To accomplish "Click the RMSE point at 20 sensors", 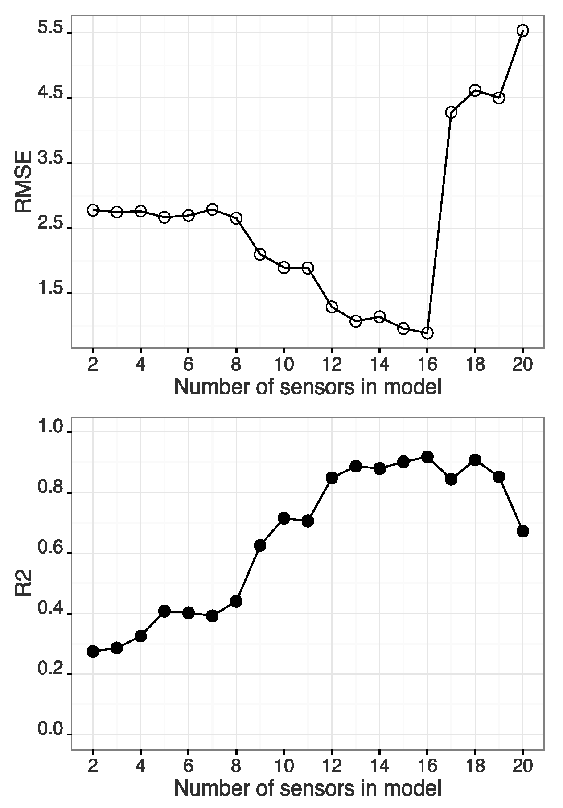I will click(x=522, y=30).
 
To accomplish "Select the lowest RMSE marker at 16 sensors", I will click(x=427, y=333).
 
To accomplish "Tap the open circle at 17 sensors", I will click(x=451, y=112).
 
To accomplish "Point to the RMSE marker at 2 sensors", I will click(x=93, y=210).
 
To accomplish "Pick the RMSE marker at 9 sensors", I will click(x=260, y=254).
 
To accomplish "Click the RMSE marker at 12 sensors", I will click(x=332, y=307).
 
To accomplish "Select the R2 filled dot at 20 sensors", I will click(x=522, y=531).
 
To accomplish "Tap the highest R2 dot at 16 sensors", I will click(x=427, y=457).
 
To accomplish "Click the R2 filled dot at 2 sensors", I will click(x=93, y=652).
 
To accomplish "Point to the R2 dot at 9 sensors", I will click(x=260, y=546).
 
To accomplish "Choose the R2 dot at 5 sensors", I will click(x=164, y=611).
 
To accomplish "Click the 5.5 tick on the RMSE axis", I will click(x=51, y=29).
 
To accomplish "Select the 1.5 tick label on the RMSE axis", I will click(x=51, y=289).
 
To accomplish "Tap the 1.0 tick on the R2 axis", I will click(x=51, y=428).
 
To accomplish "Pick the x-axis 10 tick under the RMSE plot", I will click(x=284, y=365).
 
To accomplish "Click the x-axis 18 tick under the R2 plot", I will click(x=475, y=766).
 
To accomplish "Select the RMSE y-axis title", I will click(x=23, y=181).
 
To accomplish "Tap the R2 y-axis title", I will click(x=23, y=582).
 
